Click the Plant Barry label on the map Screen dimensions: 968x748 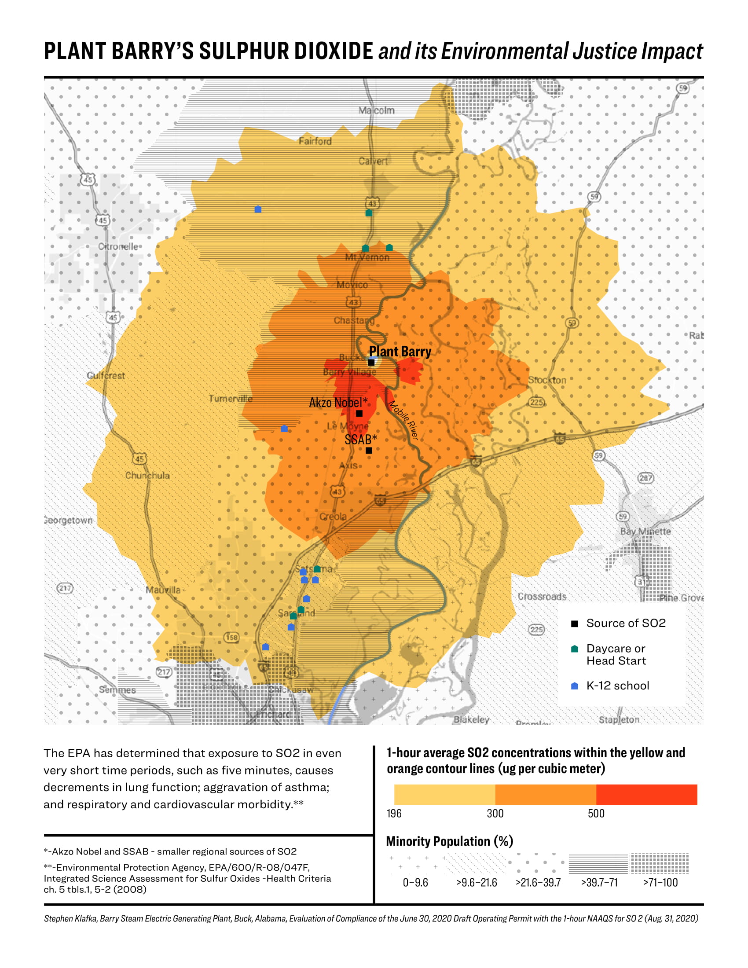[x=400, y=352]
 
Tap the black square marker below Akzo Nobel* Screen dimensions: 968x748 [x=359, y=413]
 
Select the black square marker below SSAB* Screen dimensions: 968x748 [x=369, y=450]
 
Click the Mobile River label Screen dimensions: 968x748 [x=403, y=420]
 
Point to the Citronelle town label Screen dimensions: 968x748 [x=118, y=246]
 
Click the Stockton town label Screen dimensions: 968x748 [x=547, y=380]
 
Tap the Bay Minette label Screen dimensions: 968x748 [x=645, y=531]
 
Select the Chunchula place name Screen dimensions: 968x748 [x=147, y=476]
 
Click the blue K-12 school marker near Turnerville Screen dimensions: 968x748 [x=285, y=429]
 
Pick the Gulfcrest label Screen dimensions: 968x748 [x=106, y=375]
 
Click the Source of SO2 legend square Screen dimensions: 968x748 [x=574, y=623]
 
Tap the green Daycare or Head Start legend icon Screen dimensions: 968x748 [x=574, y=649]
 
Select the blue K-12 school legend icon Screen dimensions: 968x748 [x=574, y=686]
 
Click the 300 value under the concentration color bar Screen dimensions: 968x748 [x=495, y=813]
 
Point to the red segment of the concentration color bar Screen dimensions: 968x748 [x=646, y=795]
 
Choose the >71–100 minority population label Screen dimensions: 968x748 [x=660, y=883]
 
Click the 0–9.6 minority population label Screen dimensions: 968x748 [x=415, y=883]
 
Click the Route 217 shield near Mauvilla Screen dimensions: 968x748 [x=65, y=588]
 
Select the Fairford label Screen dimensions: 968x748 [x=315, y=141]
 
